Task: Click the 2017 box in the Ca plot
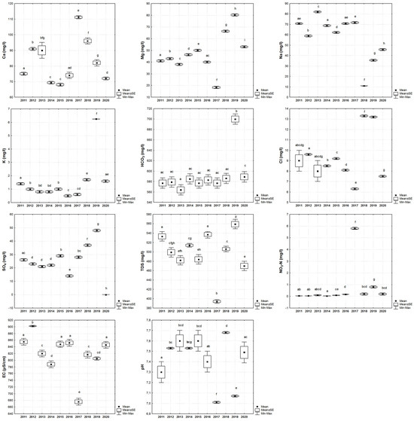(78, 17)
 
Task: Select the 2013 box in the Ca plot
(42, 50)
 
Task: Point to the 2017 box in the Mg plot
(216, 87)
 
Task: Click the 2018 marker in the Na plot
(364, 86)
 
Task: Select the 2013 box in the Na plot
(317, 12)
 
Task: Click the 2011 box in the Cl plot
(299, 160)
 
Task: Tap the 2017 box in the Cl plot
(355, 188)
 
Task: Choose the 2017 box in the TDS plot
(216, 301)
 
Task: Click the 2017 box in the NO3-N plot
(355, 228)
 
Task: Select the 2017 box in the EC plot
(78, 401)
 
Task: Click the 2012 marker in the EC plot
(32, 325)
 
